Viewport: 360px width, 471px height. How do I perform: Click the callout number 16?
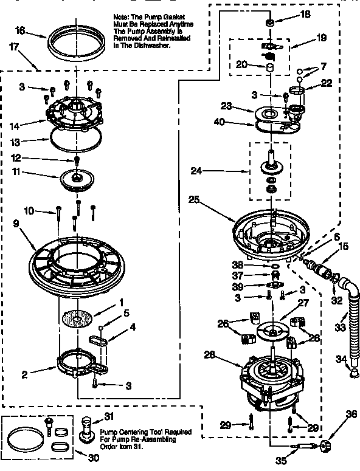pyautogui.click(x=20, y=30)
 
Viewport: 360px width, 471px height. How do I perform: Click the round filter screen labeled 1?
pyautogui.click(x=78, y=318)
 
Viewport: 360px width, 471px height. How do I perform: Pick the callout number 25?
pyautogui.click(x=194, y=198)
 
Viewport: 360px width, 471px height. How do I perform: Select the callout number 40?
pyautogui.click(x=220, y=122)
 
